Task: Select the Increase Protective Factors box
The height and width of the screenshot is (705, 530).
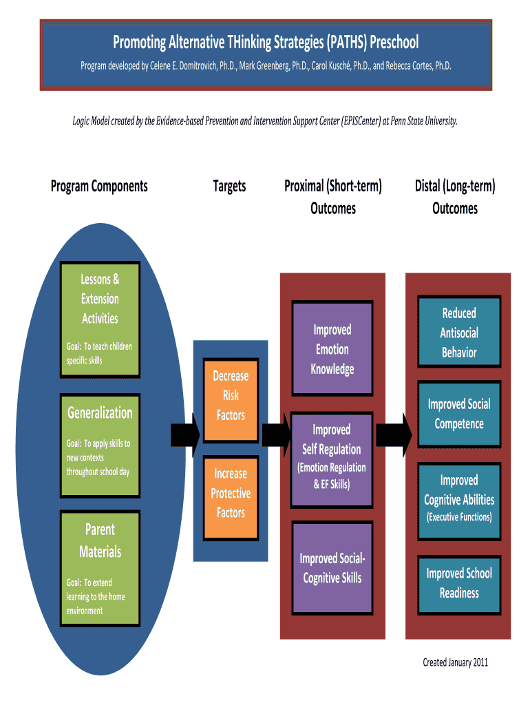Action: point(231,493)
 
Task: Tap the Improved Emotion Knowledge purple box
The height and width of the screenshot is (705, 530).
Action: point(332,349)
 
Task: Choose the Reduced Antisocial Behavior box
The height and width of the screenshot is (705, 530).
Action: point(459,333)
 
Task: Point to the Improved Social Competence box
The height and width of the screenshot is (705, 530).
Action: point(459,414)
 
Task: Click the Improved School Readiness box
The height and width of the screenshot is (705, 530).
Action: point(459,583)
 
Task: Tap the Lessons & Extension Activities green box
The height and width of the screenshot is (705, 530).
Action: point(100,319)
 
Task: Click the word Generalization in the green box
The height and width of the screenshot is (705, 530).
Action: point(100,412)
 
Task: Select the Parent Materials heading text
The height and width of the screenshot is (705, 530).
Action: point(100,540)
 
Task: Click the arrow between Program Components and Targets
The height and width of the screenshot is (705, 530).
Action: point(184,434)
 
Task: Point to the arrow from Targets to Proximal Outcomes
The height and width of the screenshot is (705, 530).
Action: point(277,434)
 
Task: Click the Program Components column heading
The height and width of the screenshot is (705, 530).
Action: point(99,186)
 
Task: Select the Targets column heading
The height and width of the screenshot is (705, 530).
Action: point(229,186)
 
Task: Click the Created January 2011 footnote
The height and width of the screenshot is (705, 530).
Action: point(455,662)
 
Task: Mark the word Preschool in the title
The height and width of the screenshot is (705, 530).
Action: point(394,43)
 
